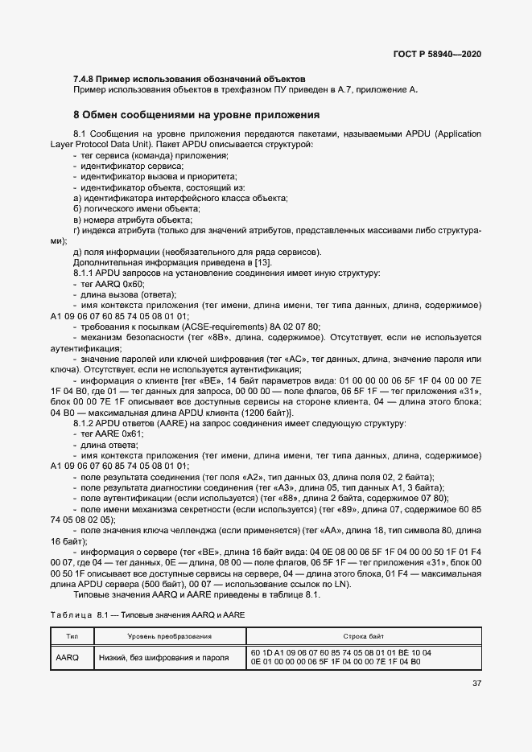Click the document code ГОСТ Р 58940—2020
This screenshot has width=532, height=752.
(437, 54)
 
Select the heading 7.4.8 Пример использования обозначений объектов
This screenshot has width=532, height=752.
(189, 79)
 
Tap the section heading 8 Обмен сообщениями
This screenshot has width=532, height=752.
(196, 114)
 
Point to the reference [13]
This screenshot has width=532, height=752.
(263, 263)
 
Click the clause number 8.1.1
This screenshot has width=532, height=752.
(85, 273)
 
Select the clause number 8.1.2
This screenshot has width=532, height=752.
(85, 423)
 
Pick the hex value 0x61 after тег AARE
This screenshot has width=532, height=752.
(131, 434)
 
